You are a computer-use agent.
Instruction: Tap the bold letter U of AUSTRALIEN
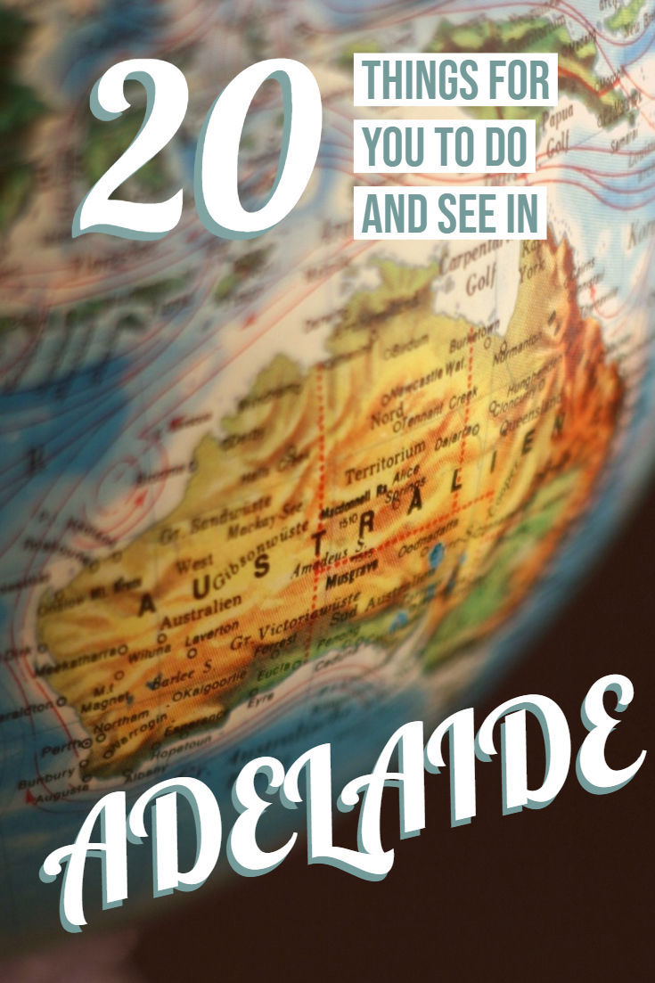[196, 586]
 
